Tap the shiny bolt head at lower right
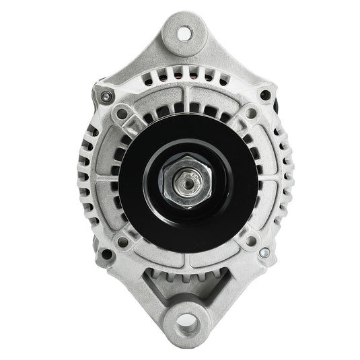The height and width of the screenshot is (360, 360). pyautogui.click(x=264, y=253)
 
